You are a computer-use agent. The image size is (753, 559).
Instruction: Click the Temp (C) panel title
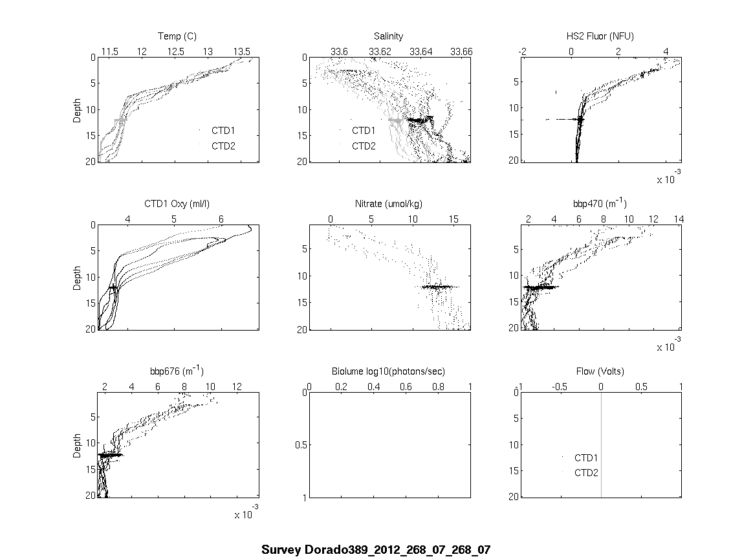pos(177,36)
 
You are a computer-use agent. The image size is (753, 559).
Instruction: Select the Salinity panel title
pos(388,36)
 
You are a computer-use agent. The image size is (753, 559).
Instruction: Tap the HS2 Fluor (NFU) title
pos(599,36)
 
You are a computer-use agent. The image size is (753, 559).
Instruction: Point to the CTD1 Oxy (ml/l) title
pos(178,204)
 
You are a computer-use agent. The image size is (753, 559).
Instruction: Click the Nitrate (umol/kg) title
pos(388,204)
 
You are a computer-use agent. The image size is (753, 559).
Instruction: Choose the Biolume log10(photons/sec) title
pos(388,371)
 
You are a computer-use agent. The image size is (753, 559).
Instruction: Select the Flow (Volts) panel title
pos(600,371)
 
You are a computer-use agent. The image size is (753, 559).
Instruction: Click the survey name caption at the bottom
pos(376,550)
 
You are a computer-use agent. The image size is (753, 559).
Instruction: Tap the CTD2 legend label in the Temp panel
pos(223,146)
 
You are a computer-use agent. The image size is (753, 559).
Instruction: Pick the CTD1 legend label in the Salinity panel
pos(364,131)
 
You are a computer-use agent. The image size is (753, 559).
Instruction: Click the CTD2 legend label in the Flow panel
pos(586,472)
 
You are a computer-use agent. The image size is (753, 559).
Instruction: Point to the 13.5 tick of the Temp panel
pos(242,51)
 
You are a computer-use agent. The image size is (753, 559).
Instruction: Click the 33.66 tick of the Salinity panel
pos(461,51)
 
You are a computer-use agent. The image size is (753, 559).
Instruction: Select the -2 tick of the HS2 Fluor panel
pos(522,51)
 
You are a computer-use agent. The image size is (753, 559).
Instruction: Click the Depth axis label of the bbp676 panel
pos(78,444)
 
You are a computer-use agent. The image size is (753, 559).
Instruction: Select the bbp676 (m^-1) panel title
pos(177,371)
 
